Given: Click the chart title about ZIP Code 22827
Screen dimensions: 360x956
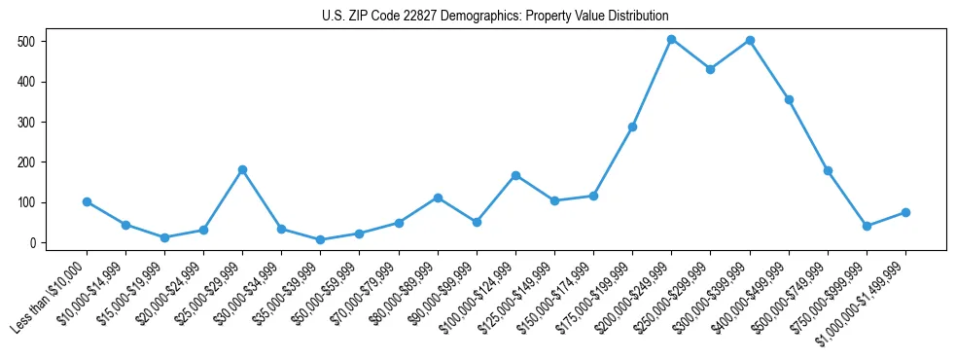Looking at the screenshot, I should pos(495,17).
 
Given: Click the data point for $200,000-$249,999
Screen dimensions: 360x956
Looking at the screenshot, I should pos(671,40).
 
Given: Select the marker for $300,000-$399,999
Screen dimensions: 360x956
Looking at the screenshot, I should pos(750,41).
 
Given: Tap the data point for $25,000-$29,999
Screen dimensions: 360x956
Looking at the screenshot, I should pos(242,169).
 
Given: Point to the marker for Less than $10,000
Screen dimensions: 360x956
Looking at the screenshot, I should pos(87,201).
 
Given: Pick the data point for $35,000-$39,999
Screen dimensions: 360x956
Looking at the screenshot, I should pos(320,239).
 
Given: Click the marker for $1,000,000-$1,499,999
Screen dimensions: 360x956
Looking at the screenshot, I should pos(905,212).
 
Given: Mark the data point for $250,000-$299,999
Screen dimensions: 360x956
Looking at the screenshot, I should pos(710,69).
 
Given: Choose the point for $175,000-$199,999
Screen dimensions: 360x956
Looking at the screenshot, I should pos(632,126).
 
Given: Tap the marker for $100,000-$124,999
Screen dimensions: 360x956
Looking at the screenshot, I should pos(515,175).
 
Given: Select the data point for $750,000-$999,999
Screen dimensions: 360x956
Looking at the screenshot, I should pos(867,226).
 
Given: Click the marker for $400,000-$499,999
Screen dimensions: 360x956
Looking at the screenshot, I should pos(789,99).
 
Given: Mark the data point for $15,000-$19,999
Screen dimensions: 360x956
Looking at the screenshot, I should pos(164,237).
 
